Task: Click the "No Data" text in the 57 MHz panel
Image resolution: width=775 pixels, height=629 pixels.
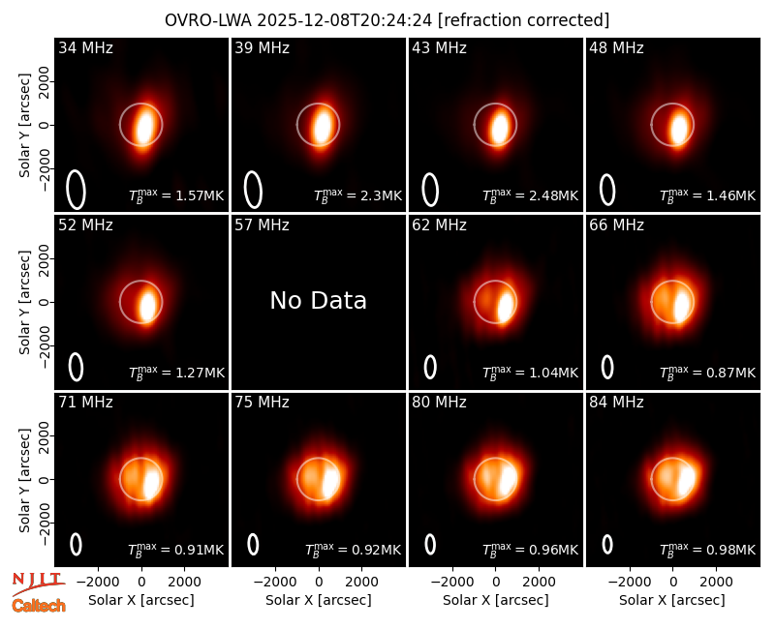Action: (319, 300)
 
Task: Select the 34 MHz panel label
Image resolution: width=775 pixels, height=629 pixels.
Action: (85, 47)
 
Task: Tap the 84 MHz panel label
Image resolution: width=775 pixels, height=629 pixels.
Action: (616, 403)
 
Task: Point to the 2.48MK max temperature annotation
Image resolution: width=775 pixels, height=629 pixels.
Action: (530, 195)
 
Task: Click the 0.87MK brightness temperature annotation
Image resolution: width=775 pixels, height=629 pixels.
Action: (708, 373)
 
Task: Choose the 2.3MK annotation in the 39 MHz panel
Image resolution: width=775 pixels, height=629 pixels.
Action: (357, 195)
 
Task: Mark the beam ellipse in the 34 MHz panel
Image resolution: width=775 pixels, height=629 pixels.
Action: (77, 190)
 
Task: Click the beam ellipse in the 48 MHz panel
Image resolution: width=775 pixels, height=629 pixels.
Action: (607, 190)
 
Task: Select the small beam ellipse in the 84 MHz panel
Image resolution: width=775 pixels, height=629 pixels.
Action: (607, 544)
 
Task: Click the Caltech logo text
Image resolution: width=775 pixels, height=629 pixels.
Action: (39, 606)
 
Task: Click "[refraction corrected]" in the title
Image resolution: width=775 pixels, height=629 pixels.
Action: (523, 20)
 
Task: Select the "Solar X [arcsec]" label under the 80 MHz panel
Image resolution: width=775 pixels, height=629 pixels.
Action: (495, 600)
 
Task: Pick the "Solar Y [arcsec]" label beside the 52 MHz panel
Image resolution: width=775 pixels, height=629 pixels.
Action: (24, 302)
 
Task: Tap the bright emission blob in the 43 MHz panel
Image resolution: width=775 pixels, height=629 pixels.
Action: (499, 128)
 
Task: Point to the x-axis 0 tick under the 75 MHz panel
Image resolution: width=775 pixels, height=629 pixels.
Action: (319, 582)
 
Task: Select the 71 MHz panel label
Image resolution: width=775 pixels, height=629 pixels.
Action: (85, 403)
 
